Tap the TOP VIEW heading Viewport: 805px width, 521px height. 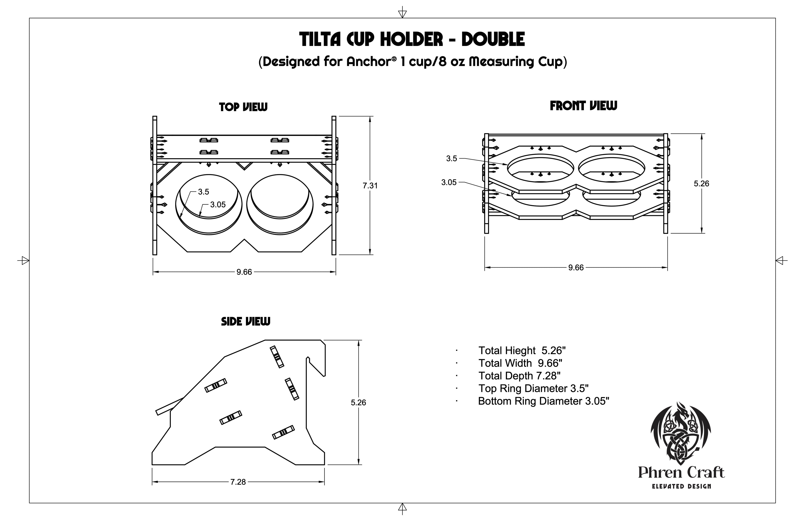pos(243,107)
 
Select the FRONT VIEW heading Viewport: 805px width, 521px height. pos(583,106)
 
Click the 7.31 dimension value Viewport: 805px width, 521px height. pos(370,185)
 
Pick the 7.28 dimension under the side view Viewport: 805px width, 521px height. pos(238,482)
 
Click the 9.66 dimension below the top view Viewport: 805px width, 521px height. pos(244,272)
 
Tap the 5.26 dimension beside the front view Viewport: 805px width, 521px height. pos(701,183)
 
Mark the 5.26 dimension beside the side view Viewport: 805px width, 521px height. pos(358,402)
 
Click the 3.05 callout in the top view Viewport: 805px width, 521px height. pos(218,204)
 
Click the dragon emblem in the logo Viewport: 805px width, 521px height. pos(680,433)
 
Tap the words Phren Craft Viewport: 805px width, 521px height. pos(681,472)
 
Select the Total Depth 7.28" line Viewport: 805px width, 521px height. pos(519,376)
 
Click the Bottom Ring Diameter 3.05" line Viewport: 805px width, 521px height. pos(544,401)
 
